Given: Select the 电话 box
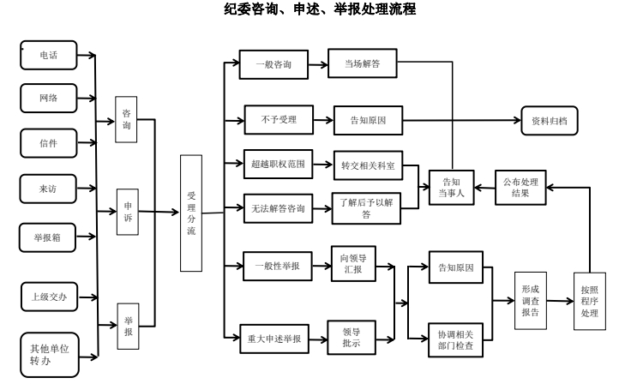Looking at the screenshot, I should coord(49,56).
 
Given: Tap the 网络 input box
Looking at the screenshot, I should coord(49,99).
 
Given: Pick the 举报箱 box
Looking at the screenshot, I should coord(49,237).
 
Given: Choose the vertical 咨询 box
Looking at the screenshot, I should coord(127,120).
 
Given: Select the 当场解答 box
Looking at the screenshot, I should coord(353,65).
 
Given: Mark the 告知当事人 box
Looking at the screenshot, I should coord(451,188).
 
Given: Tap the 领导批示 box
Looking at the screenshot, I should coord(352,336).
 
